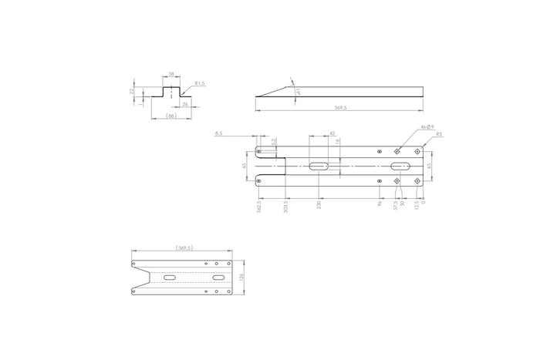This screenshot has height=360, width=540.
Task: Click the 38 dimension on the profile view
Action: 171,76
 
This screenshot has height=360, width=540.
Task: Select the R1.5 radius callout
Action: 199,82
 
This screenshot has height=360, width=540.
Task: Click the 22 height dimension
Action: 132,90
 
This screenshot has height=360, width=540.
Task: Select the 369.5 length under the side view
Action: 339,109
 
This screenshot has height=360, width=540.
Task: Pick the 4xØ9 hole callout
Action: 428,126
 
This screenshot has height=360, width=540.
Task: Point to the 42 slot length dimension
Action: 332,133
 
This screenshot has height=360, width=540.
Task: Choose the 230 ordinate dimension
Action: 319,206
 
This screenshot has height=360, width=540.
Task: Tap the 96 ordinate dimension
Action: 380,204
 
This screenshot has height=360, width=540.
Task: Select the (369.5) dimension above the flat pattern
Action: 184,248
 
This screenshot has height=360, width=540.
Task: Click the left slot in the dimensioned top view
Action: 319,167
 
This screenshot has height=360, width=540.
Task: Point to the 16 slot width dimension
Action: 339,142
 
